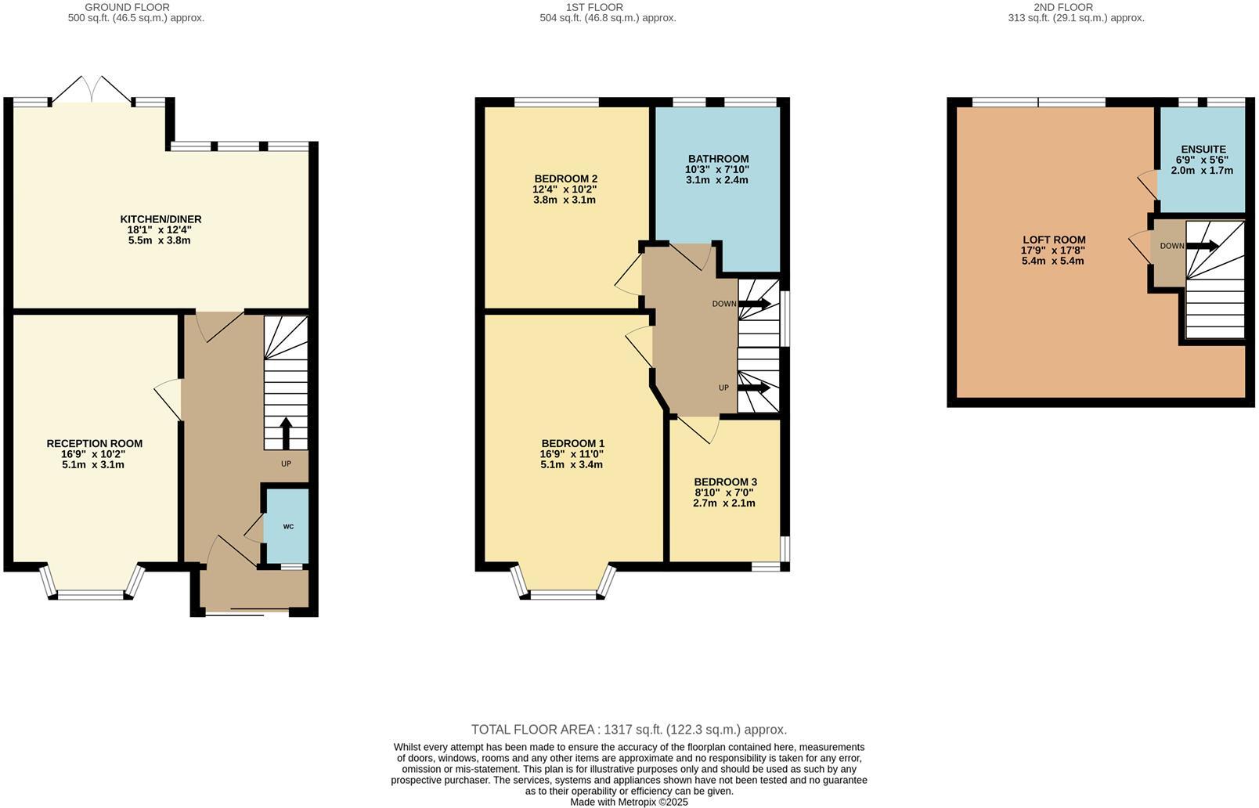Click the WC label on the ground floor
[288, 526]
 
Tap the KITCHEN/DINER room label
[160, 219]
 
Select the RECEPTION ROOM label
[94, 443]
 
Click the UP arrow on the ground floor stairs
[286, 432]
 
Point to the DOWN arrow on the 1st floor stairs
[754, 304]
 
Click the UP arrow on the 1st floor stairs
[754, 388]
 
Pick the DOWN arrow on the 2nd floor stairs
[1203, 246]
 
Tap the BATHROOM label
[718, 159]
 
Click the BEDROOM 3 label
[725, 482]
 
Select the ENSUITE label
[1203, 149]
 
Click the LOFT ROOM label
[1053, 240]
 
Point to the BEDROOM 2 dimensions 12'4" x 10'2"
[565, 189]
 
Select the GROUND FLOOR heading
[127, 7]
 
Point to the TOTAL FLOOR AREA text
[629, 729]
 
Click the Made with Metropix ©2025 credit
[629, 802]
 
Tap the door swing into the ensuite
[1149, 183]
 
